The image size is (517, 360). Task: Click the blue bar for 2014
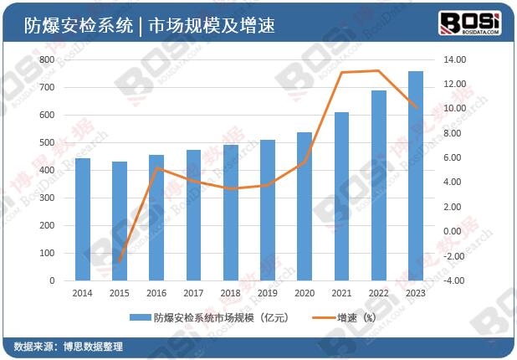[x=83, y=219]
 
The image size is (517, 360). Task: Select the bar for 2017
[x=194, y=215]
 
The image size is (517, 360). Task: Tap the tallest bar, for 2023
[x=416, y=176]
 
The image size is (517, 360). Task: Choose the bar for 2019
[x=268, y=210]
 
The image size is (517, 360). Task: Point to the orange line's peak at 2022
[x=378, y=71]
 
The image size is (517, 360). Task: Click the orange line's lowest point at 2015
[x=120, y=262]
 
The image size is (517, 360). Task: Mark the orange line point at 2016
[x=156, y=168]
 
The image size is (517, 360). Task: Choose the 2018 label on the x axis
[x=230, y=293]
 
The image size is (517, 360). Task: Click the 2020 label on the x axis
[x=305, y=293]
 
